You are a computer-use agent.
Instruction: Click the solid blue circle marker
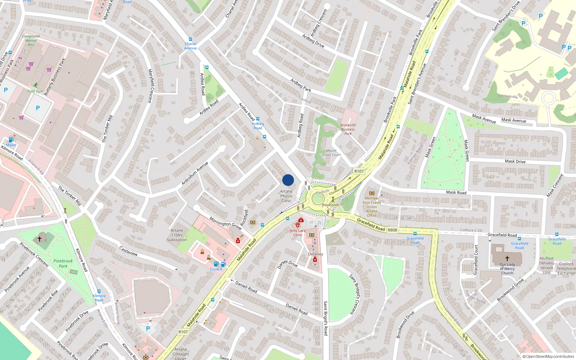288,180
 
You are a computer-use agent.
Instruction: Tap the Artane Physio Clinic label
286,196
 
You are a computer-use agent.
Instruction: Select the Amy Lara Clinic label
297,233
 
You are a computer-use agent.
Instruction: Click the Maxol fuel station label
11,145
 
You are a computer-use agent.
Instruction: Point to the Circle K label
216,269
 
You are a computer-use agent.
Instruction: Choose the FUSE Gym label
35,91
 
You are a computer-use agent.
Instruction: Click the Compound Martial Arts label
31,40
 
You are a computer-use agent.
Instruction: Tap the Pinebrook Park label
63,264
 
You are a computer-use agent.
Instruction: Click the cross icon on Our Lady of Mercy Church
507,258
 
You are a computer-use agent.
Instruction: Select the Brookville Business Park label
348,129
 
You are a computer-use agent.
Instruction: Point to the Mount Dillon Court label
331,153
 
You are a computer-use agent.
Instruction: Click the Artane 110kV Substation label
177,235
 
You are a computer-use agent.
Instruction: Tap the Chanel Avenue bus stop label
190,46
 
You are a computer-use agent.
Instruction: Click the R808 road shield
392,230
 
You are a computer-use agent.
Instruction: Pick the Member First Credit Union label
372,207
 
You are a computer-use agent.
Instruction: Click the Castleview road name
129,251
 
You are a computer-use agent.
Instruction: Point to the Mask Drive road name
515,161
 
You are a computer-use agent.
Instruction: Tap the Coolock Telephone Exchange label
566,269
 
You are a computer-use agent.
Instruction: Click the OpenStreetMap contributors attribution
548,356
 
